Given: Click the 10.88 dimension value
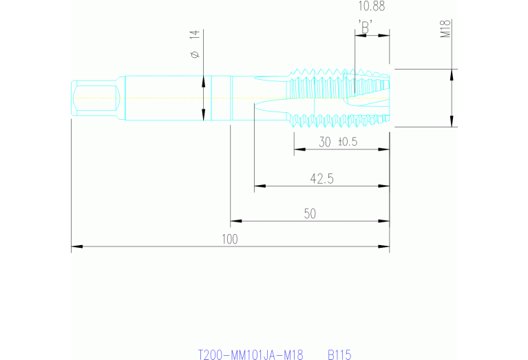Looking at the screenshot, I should pos(372,6).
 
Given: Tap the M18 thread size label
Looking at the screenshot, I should pos(445,29).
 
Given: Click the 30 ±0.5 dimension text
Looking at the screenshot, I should pos(338,142).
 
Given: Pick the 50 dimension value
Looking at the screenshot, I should pos(310,214).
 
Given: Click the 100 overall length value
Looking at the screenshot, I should pos(230,239).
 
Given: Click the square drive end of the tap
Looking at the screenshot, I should pos(96,97).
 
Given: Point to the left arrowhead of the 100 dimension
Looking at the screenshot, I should pos(76,246).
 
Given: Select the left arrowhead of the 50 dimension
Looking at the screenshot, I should pos(235,221).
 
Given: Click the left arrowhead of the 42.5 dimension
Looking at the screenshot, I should pos(260,185).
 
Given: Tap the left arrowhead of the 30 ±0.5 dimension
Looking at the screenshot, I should pos(299,149).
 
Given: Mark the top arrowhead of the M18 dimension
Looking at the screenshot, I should pos(452,74).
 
